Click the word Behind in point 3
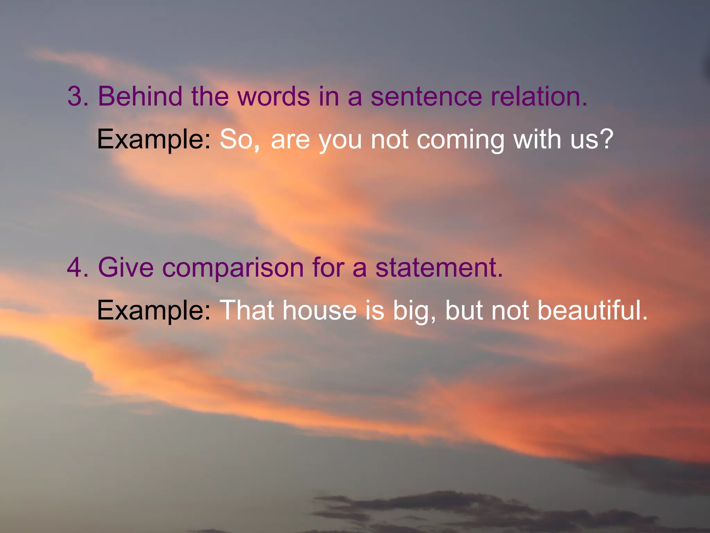[140, 96]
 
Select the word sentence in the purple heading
[426, 96]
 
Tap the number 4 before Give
[75, 268]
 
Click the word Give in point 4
[125, 268]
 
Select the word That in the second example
[247, 310]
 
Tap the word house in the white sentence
[319, 310]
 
